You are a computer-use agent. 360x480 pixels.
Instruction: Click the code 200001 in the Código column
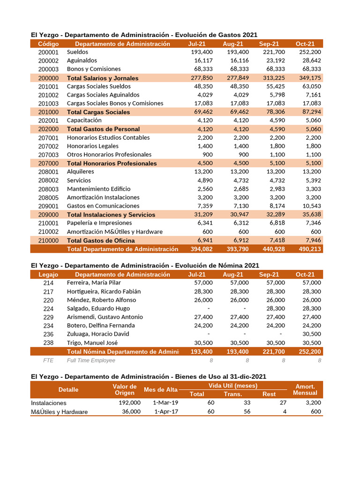click(x=48, y=52)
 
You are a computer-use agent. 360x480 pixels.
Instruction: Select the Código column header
click(x=48, y=44)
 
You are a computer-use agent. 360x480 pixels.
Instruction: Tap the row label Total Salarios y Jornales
click(x=103, y=78)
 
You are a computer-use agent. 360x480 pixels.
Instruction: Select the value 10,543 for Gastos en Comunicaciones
click(x=310, y=206)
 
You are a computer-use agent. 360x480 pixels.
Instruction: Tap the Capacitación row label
click(x=84, y=120)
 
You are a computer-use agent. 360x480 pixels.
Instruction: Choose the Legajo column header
click(x=48, y=274)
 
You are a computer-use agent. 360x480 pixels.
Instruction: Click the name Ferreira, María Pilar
click(x=94, y=283)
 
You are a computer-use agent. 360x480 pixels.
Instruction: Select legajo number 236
click(x=48, y=334)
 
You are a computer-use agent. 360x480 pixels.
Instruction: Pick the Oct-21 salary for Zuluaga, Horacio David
click(x=310, y=334)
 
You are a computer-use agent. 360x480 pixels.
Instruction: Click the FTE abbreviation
click(x=48, y=360)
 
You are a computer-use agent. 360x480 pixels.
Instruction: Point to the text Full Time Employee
click(x=90, y=360)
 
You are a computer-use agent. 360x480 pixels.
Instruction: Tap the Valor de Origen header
click(x=125, y=390)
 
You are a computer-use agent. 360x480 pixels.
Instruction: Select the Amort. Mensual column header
click(x=305, y=390)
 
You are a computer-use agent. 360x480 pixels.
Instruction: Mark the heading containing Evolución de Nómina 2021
click(x=145, y=265)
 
